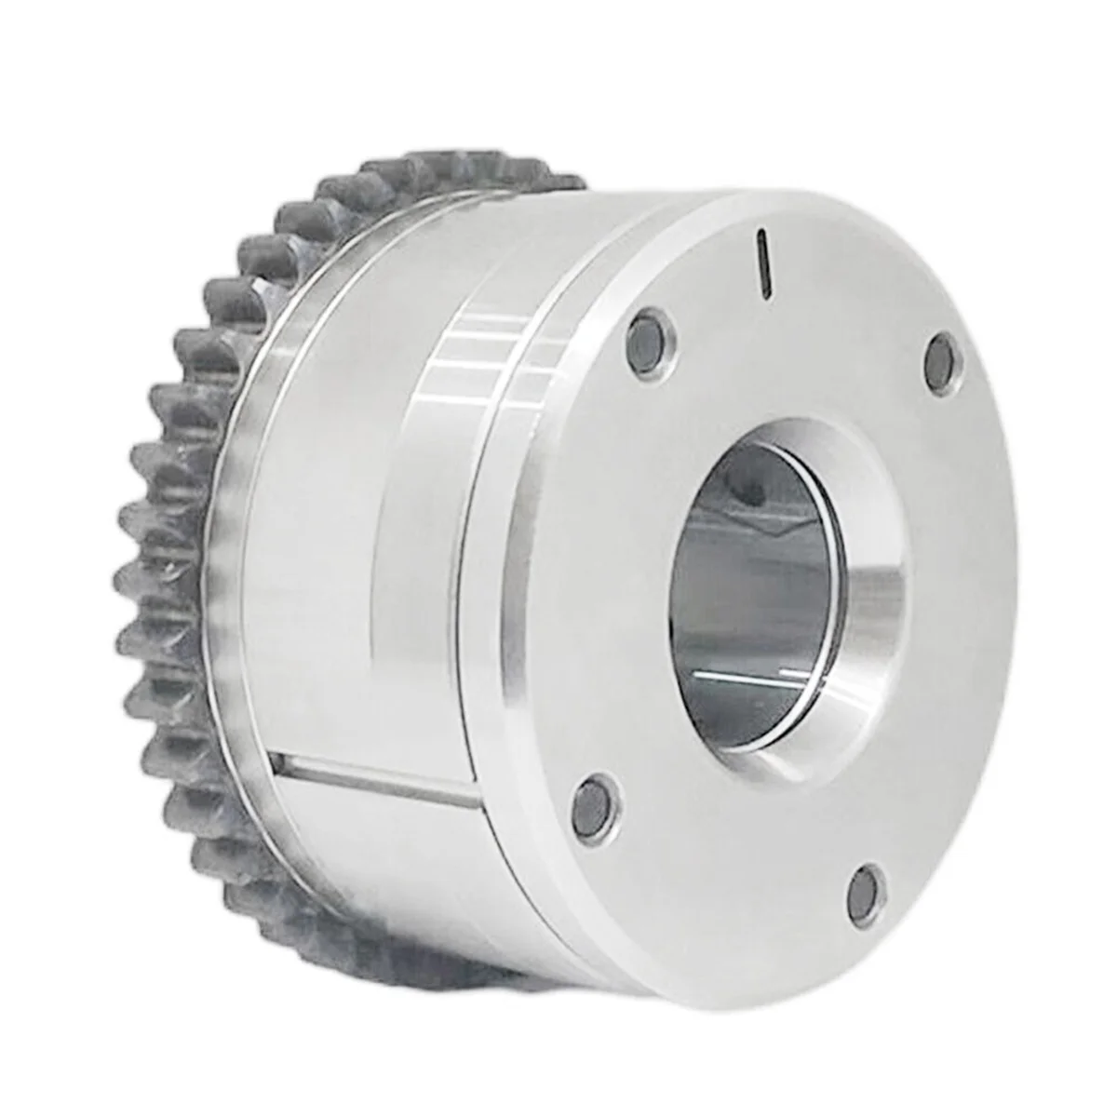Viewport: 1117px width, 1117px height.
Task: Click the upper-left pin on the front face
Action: point(645,331)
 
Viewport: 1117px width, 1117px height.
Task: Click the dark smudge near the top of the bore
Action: point(745,484)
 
